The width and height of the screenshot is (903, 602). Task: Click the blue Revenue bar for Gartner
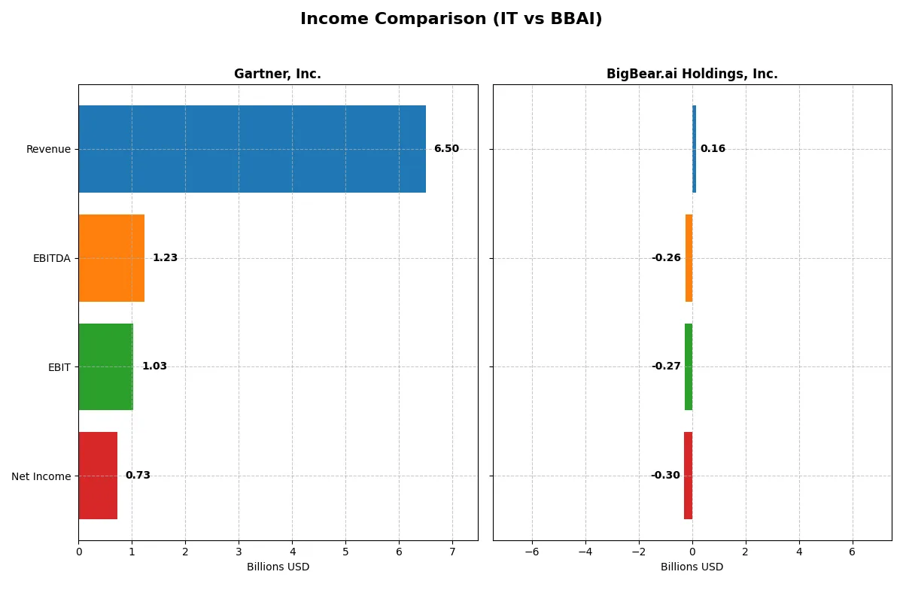point(252,149)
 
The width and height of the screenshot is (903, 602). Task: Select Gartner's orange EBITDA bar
point(111,258)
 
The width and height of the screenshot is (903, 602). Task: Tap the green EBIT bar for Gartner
point(105,366)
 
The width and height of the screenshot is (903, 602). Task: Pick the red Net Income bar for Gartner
point(98,476)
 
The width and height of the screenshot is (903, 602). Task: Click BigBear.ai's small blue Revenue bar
point(694,149)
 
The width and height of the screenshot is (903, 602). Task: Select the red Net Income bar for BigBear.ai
point(688,476)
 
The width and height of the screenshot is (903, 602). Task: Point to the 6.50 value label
point(446,149)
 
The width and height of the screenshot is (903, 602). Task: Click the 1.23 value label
point(165,258)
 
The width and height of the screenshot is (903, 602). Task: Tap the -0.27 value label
point(666,366)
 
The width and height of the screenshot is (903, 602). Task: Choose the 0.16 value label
point(713,149)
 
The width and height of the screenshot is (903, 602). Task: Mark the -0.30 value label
point(665,476)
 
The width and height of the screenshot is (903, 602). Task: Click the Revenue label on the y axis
point(48,149)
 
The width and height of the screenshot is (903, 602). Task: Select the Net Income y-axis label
point(41,476)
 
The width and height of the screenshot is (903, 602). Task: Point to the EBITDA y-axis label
point(51,258)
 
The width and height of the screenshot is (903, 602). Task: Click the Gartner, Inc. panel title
point(278,74)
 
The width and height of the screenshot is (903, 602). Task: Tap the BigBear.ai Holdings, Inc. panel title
point(692,74)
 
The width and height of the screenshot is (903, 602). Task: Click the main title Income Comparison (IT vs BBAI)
point(451,19)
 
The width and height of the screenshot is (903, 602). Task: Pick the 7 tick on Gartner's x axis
point(452,552)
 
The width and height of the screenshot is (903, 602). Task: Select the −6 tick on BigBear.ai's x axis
point(532,552)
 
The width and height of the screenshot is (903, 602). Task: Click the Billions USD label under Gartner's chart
point(278,567)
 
